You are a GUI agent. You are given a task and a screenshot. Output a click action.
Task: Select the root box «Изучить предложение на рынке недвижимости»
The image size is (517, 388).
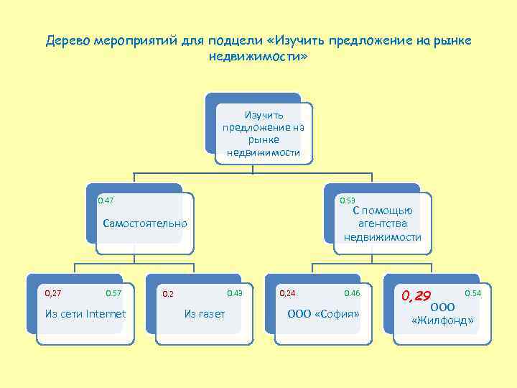coord(264,133)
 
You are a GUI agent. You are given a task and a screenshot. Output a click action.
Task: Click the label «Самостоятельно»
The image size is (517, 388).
coord(144,223)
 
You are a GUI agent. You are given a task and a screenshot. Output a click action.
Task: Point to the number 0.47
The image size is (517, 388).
coord(106,200)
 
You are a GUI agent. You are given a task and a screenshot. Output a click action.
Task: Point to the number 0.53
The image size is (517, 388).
coord(347,200)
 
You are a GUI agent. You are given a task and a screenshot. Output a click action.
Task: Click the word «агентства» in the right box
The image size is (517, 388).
coord(382,223)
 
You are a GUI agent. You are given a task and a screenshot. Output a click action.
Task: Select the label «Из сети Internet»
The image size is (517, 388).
coord(85,313)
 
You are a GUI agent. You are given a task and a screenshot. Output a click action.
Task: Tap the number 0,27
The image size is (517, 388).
coord(53,292)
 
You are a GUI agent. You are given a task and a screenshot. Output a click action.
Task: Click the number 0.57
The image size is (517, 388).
coord(113,292)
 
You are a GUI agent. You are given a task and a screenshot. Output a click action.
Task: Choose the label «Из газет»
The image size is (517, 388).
coord(205,313)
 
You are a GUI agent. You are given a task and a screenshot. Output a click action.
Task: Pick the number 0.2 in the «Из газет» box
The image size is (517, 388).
coord(167,294)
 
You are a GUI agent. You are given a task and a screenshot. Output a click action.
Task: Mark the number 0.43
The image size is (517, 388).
coord(235,292)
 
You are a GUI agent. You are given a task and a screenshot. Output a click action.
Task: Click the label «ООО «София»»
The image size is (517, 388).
coord(323,313)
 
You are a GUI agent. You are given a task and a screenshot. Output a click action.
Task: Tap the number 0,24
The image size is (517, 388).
coord(287,292)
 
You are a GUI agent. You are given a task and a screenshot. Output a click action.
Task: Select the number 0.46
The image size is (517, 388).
coord(352,292)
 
